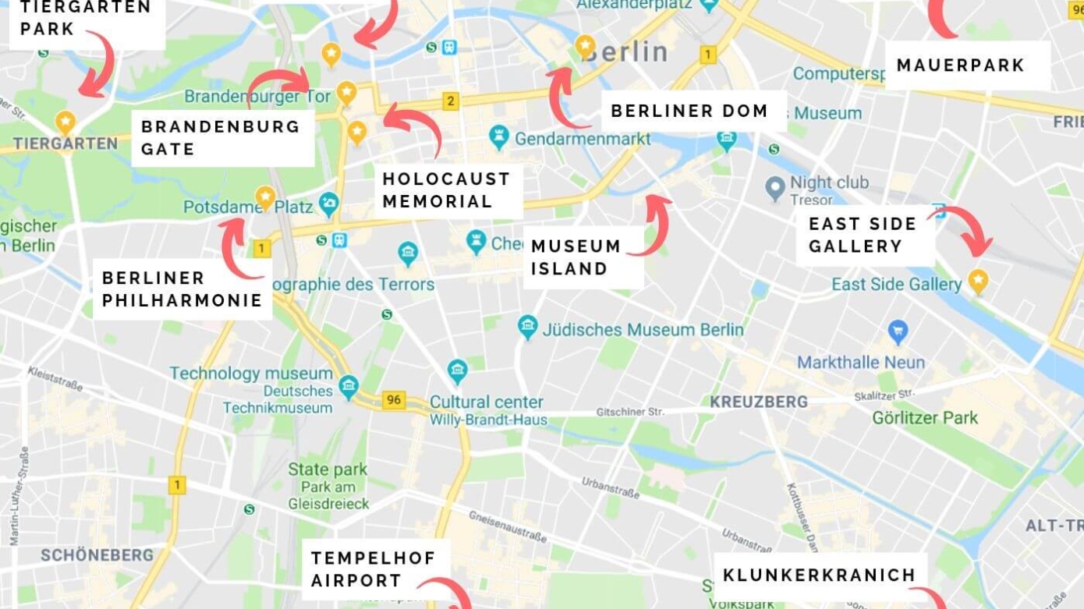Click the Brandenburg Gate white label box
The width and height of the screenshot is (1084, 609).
(222, 138)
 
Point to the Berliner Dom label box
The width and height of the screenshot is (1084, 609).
(689, 112)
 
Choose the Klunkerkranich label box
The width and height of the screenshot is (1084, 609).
(819, 575)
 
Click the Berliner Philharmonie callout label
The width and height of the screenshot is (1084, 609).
(182, 289)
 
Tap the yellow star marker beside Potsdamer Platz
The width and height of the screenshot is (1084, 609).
(266, 196)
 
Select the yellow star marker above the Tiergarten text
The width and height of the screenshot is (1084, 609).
(66, 122)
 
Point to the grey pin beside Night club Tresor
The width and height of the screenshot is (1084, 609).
(774, 187)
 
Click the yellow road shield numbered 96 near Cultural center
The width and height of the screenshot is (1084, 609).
(394, 400)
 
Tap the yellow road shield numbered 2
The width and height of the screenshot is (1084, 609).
(450, 101)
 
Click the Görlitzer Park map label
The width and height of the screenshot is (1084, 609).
(926, 418)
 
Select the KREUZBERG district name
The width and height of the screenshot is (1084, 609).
(758, 402)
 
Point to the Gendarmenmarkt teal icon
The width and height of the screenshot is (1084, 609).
(499, 137)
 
